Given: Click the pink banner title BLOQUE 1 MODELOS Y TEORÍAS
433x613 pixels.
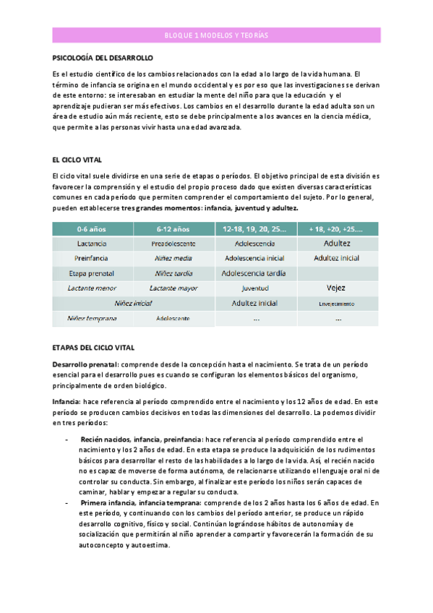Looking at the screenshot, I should point(216,35).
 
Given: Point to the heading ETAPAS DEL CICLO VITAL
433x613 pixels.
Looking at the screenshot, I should point(94,348).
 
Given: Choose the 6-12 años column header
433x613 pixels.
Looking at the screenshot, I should point(171,229).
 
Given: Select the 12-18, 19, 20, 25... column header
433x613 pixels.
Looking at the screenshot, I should point(255,229).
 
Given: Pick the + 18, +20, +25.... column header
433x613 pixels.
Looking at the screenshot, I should point(337,229).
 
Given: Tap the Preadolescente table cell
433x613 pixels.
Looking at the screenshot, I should point(171,244).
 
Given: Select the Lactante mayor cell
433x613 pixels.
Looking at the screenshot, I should point(171,288).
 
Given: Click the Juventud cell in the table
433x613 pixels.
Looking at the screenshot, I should point(255,288).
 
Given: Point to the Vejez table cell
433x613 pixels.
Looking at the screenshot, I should point(337,288).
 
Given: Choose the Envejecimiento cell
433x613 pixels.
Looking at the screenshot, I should point(337,304).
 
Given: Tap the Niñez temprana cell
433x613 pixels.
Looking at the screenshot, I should point(89,318).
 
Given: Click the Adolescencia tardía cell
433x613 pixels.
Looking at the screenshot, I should point(255,273).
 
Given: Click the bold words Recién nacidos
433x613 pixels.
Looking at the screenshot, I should point(106,439).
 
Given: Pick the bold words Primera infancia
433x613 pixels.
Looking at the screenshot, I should point(108,502).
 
